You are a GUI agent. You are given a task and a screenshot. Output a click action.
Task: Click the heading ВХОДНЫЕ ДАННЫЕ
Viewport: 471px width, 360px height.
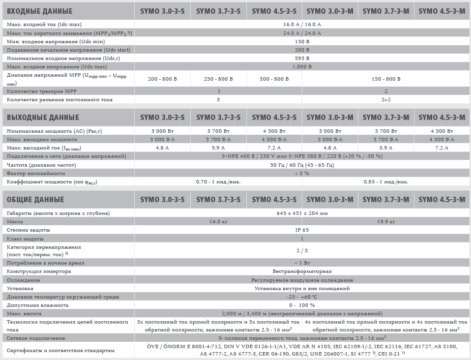[38, 11]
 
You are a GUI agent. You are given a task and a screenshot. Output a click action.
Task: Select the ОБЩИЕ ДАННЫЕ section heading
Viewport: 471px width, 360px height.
[35, 200]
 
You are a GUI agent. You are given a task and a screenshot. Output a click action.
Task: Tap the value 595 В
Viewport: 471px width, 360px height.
[302, 58]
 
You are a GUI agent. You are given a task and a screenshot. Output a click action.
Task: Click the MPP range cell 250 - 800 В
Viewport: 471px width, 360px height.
[218, 79]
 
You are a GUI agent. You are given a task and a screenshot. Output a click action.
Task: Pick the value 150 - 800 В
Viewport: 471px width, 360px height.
[386, 79]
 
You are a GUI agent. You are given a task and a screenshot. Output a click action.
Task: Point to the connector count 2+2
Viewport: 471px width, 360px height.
[386, 100]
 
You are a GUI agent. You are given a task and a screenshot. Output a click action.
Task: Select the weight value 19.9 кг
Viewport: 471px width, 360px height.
[386, 222]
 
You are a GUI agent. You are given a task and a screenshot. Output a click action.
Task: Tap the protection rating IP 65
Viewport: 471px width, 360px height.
[302, 230]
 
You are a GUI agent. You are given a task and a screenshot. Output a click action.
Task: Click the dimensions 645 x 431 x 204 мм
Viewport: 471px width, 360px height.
[302, 213]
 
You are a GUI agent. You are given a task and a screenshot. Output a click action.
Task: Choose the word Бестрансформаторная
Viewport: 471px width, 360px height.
[302, 271]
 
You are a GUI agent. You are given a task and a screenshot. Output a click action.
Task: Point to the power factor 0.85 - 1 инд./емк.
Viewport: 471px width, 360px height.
[386, 181]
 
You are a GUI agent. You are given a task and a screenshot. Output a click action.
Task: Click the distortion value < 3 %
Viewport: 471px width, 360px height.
[302, 173]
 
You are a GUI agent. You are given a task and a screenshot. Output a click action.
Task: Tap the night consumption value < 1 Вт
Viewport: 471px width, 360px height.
[302, 263]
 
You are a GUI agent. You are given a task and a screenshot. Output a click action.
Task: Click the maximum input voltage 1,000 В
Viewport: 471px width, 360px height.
[302, 66]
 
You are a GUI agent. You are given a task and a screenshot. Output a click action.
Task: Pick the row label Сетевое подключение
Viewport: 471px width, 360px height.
[36, 339]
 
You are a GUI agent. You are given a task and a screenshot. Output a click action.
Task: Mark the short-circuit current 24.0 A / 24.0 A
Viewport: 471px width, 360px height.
[302, 33]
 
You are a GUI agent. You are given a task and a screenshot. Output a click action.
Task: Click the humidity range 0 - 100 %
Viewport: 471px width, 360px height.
[302, 305]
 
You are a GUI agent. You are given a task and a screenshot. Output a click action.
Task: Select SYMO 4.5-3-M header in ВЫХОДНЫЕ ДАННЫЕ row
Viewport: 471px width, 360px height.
[441, 118]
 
